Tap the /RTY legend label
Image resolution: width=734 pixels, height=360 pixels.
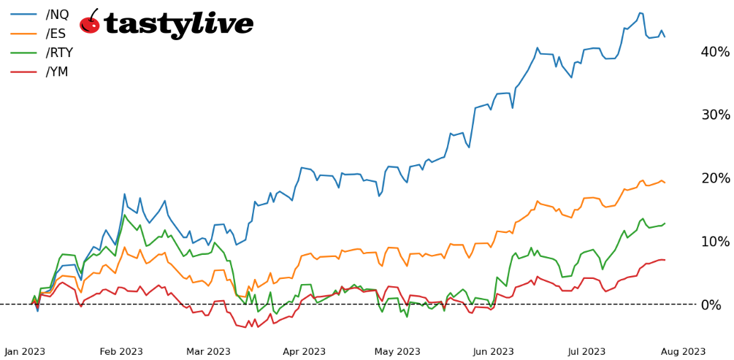point(59,53)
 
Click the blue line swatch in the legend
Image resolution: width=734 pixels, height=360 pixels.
point(24,14)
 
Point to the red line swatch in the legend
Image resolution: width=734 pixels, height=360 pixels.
point(24,72)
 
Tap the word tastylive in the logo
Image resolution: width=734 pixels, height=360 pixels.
point(179,24)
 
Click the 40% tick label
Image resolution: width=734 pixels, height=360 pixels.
point(714,52)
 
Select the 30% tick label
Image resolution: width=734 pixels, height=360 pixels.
point(714,115)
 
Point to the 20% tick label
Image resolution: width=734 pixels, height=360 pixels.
point(714,178)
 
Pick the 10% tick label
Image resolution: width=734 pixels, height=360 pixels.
point(714,242)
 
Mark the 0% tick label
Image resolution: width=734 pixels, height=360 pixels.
point(718,305)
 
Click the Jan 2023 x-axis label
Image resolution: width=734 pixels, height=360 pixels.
point(25,352)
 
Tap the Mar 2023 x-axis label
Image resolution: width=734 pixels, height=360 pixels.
point(208,352)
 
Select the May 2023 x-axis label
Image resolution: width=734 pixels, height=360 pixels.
point(398,352)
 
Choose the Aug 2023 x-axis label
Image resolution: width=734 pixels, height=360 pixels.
point(683,352)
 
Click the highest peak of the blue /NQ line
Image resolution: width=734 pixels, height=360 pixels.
point(641,13)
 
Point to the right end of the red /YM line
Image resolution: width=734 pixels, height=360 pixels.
point(665,260)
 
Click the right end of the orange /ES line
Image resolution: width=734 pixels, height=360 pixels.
point(665,183)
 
